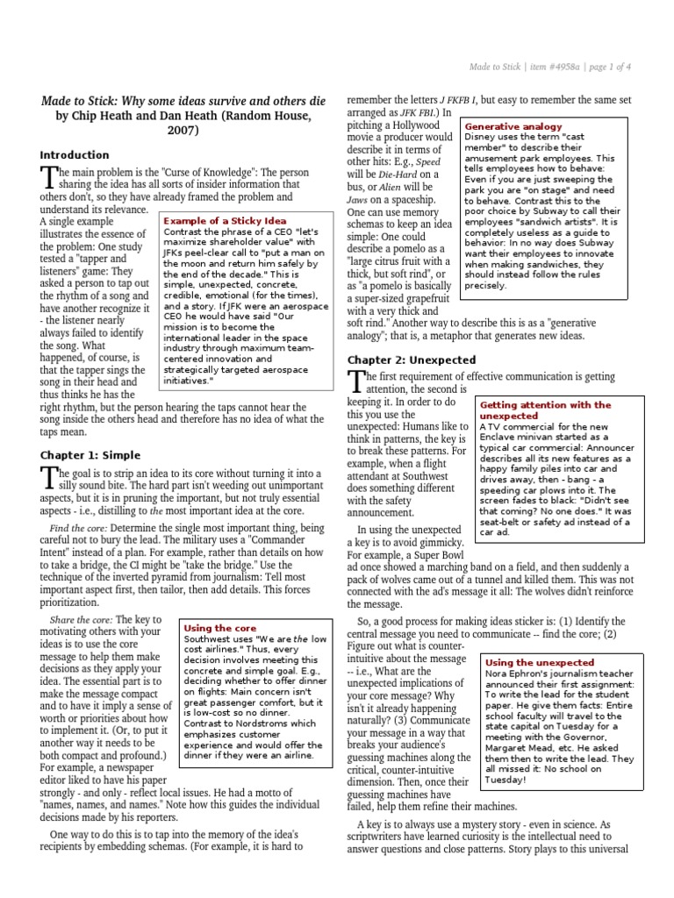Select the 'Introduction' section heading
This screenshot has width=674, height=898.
[75, 155]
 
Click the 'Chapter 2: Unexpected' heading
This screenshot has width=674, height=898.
[412, 360]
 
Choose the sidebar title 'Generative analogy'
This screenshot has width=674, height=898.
[513, 126]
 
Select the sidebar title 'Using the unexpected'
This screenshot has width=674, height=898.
[540, 662]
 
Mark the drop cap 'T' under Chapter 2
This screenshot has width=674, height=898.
[355, 382]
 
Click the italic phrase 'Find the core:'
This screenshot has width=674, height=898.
[78, 530]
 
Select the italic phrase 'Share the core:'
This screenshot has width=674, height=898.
[81, 620]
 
